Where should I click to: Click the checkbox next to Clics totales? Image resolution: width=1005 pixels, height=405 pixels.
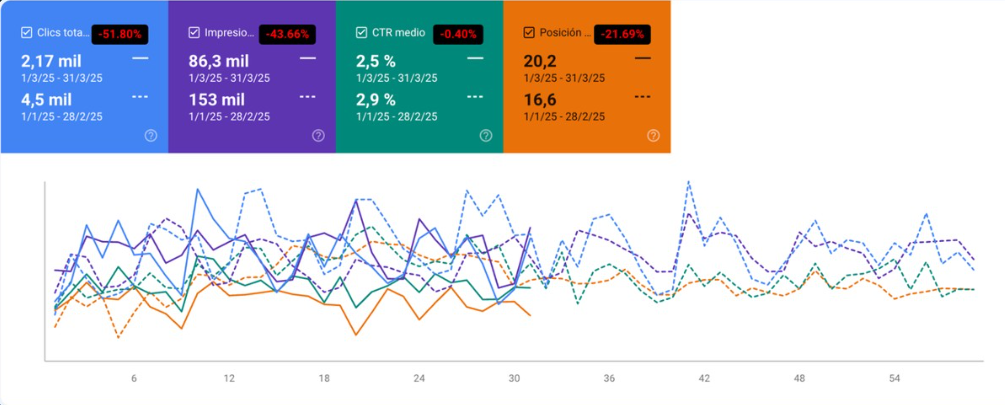(26, 33)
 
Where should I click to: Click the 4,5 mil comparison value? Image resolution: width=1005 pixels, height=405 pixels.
(44, 99)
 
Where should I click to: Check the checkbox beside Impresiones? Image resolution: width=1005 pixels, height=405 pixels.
(194, 33)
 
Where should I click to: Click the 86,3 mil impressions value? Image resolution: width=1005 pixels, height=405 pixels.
(218, 60)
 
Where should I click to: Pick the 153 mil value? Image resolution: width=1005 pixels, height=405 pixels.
(216, 99)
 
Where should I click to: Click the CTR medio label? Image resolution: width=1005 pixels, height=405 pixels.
(398, 33)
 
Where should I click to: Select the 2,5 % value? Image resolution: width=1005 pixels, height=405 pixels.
(376, 60)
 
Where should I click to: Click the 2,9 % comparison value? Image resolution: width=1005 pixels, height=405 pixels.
(376, 99)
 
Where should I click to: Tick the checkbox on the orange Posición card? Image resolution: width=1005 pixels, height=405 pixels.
(529, 33)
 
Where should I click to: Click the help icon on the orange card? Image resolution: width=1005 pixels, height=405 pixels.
(653, 136)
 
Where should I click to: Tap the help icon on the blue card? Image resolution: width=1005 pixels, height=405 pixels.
(151, 136)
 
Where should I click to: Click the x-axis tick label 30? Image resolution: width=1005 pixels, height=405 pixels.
(514, 379)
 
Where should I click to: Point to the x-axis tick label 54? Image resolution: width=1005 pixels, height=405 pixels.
(895, 379)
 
